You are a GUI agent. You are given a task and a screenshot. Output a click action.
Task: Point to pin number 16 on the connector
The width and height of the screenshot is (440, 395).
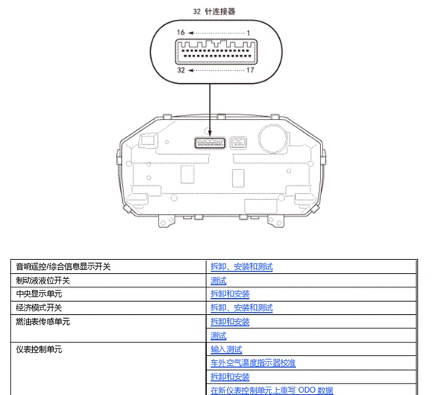180,34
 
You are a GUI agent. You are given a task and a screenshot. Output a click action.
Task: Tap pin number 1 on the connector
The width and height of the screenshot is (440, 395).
249,34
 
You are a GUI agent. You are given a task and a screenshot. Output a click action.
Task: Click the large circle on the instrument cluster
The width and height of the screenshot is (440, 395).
271,140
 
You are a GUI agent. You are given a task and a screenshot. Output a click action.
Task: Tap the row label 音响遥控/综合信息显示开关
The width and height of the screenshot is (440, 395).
63,267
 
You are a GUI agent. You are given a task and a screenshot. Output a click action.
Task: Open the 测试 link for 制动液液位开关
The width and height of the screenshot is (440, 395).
218,281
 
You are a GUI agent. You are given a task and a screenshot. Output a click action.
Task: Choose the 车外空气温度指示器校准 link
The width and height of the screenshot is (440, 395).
253,363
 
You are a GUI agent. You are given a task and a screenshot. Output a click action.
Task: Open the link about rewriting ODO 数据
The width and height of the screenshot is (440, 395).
271,390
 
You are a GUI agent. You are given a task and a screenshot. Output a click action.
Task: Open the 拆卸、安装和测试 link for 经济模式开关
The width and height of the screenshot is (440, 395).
242,308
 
